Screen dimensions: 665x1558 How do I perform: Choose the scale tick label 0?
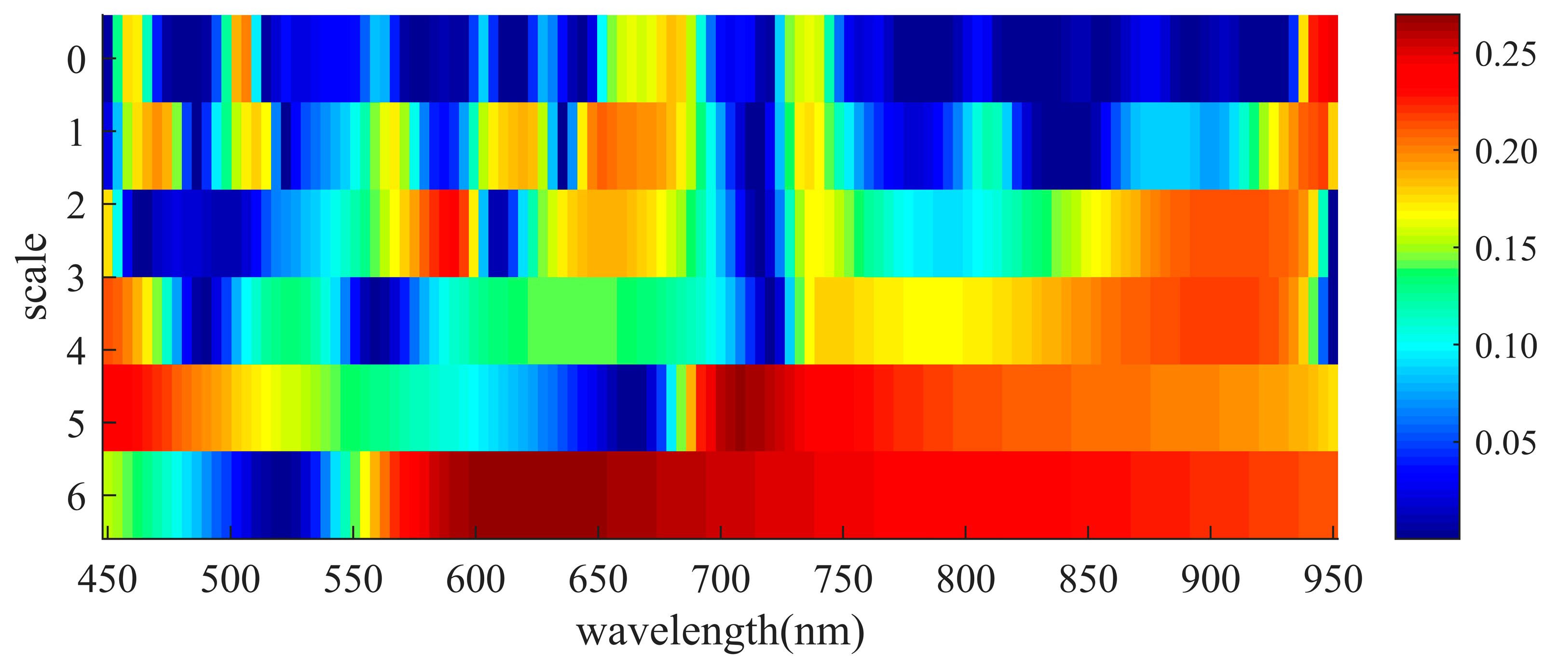(x=76, y=60)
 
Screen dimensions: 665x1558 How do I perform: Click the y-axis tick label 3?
(x=76, y=279)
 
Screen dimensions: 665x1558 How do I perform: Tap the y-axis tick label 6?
(x=76, y=498)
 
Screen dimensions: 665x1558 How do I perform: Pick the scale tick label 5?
(x=76, y=424)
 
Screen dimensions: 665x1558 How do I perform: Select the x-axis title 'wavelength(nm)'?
(x=720, y=631)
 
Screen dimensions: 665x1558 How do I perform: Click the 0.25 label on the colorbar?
(x=1505, y=54)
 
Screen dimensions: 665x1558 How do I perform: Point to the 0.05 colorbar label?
(x=1505, y=443)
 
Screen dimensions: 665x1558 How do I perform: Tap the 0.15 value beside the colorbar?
(x=1505, y=248)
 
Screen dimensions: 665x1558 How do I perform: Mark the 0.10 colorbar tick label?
(x=1505, y=346)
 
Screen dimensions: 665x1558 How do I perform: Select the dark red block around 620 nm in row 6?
(x=532, y=494)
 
